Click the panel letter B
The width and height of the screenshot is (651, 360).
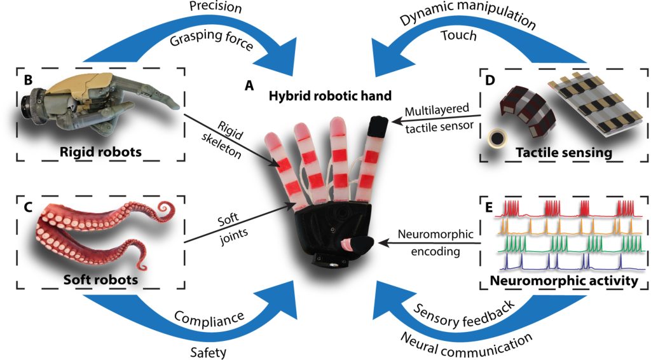coord(28,81)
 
